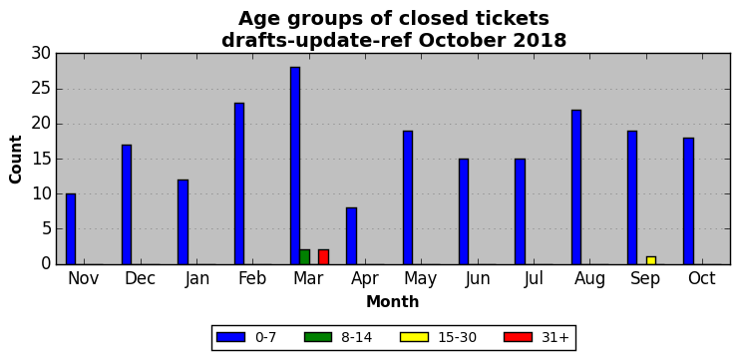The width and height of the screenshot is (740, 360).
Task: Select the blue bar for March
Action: (295, 166)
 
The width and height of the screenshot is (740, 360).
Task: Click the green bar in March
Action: (304, 257)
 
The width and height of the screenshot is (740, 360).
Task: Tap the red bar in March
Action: (323, 257)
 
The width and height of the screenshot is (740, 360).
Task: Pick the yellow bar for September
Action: (651, 260)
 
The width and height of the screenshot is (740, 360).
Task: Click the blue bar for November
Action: (71, 228)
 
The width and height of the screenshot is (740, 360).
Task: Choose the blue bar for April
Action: (351, 236)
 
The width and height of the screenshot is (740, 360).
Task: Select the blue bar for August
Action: (576, 186)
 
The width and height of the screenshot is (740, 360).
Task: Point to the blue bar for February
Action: (238, 183)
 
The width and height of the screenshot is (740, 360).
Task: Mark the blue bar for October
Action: (688, 201)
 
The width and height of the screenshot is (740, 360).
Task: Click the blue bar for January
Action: (183, 221)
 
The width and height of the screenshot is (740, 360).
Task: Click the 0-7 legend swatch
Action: (230, 337)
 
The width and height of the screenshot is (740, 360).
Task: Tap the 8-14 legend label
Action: (356, 337)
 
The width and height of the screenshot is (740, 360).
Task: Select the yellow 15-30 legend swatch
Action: (414, 337)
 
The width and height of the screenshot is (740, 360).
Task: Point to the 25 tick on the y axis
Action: (42, 89)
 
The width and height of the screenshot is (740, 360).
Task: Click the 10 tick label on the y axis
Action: (42, 193)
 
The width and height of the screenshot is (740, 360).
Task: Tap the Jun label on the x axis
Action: (478, 278)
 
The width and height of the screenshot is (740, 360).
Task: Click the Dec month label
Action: (141, 278)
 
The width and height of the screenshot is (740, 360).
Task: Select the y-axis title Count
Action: (15, 159)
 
